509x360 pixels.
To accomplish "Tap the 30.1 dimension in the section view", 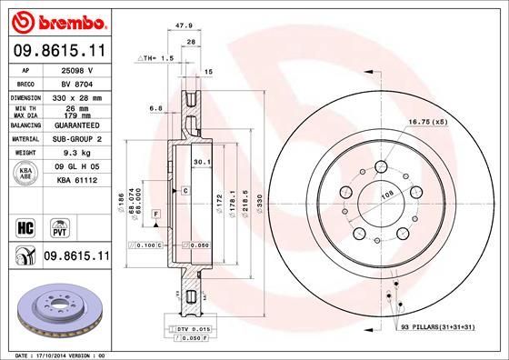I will pos(202,162).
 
